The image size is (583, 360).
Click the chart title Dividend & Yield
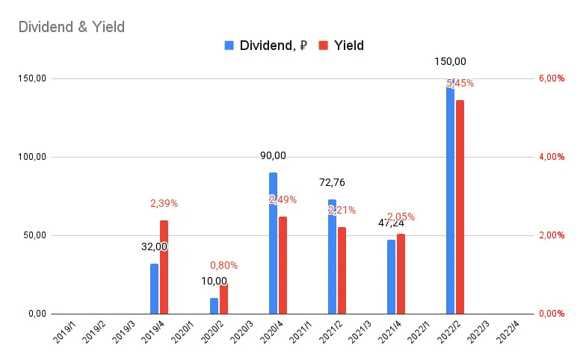click(72, 27)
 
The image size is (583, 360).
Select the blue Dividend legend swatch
click(229, 46)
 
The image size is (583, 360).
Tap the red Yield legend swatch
click(324, 46)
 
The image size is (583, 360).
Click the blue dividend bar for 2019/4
click(154, 288)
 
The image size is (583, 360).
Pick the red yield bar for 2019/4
click(164, 267)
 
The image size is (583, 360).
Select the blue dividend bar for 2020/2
click(215, 305)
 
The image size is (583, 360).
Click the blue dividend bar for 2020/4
click(273, 243)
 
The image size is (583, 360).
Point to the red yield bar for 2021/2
click(342, 270)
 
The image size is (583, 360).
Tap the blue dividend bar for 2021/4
click(391, 277)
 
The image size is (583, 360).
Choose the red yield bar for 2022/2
click(460, 207)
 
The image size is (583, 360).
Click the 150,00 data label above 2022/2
click(450, 61)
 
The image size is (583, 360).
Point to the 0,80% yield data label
click(223, 265)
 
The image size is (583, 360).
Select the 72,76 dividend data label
click(332, 182)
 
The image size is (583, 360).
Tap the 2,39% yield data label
click(164, 203)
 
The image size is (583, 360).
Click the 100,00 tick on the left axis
click(32, 157)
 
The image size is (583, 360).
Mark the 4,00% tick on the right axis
click(552, 157)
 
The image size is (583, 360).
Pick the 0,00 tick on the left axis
click(37, 314)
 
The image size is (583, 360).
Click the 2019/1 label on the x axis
click(64, 332)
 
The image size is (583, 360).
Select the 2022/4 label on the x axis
click(508, 332)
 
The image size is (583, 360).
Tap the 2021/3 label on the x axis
click(360, 332)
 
